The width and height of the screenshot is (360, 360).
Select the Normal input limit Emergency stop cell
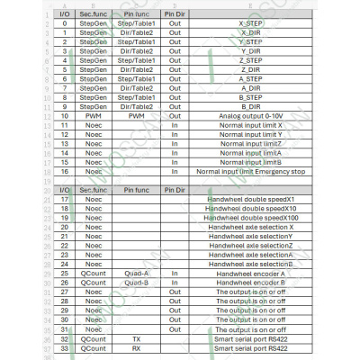click(251, 170)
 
